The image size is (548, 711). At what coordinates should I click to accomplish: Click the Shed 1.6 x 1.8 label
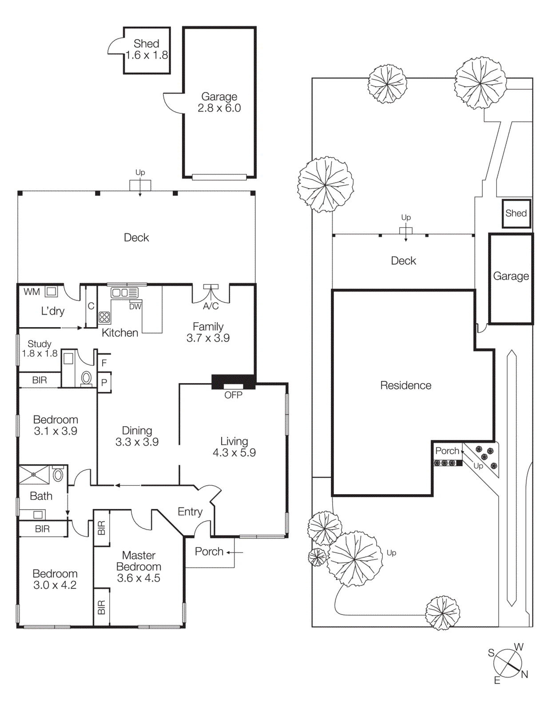147,49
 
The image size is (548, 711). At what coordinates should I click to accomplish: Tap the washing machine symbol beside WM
52,292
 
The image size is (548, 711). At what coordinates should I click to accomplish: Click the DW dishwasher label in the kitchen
135,306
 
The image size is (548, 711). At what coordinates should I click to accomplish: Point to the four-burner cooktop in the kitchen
104,317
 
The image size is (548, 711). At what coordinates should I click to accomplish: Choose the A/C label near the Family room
210,306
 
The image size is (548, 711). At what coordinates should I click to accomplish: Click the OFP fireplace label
233,395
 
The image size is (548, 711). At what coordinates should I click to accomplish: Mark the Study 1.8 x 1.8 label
40,349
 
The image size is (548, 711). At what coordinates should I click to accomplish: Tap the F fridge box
104,363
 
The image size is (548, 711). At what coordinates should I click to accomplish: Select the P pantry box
104,383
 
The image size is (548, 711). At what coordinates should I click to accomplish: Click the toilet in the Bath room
58,475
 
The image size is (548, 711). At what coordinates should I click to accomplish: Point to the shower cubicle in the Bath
34,475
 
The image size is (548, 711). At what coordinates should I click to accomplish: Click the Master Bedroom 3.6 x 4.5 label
139,567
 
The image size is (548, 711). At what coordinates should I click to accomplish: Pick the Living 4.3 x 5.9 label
234,447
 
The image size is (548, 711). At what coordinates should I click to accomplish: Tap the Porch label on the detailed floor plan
209,551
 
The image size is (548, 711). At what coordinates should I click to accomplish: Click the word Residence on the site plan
405,385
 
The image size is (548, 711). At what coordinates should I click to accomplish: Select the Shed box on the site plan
516,213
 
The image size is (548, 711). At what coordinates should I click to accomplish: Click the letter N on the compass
524,675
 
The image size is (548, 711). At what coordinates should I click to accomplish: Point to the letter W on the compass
519,647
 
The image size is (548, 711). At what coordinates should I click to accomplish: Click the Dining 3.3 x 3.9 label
137,436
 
